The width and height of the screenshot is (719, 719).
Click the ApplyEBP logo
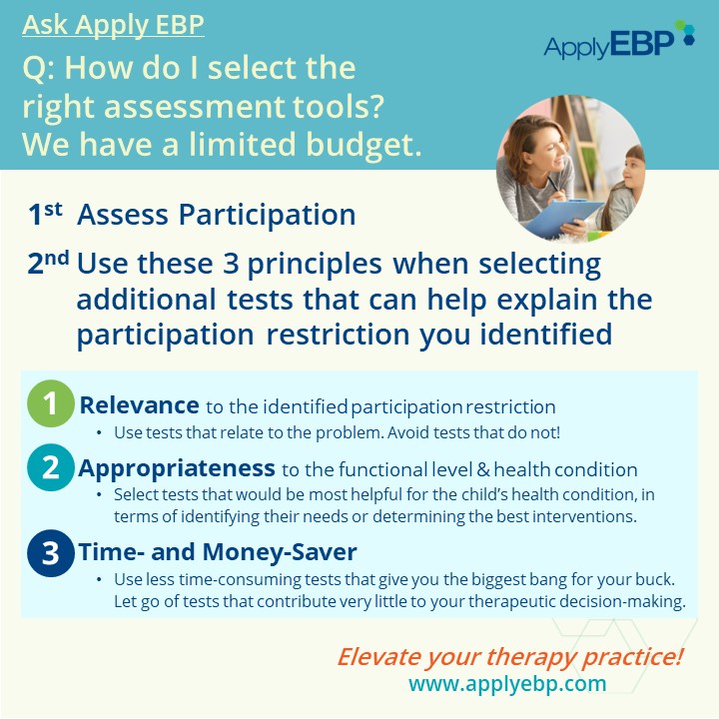619,40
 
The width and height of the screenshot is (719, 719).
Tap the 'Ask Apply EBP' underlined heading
113,25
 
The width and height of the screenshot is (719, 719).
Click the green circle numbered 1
51,403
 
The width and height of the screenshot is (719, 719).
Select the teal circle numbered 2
51,467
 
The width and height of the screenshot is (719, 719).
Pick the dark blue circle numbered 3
51,553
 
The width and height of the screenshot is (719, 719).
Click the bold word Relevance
140,405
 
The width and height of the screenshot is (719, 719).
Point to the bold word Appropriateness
177,468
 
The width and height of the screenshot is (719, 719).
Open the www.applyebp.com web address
507,684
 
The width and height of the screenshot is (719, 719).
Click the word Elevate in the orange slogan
372,657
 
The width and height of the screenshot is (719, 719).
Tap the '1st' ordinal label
45,214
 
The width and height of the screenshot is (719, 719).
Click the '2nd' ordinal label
48,264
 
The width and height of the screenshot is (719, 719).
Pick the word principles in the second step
315,266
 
